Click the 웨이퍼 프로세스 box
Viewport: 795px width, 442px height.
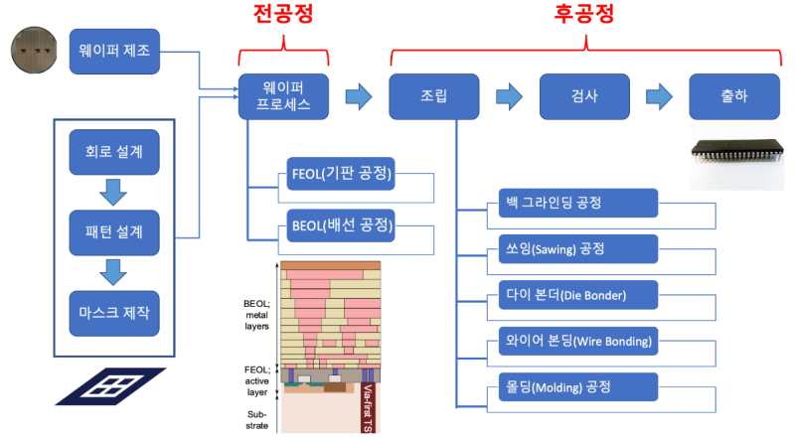[x=283, y=96]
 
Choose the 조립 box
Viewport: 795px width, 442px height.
[x=434, y=96]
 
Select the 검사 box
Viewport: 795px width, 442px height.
[x=584, y=96]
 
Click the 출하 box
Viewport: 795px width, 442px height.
[x=734, y=96]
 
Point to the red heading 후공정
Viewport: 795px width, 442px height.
[x=583, y=14]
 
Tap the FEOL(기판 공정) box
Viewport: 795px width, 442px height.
[x=340, y=176]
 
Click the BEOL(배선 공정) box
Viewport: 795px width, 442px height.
[x=340, y=225]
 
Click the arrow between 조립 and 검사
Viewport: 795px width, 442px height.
[x=509, y=96]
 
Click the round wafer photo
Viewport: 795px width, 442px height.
[x=38, y=49]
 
